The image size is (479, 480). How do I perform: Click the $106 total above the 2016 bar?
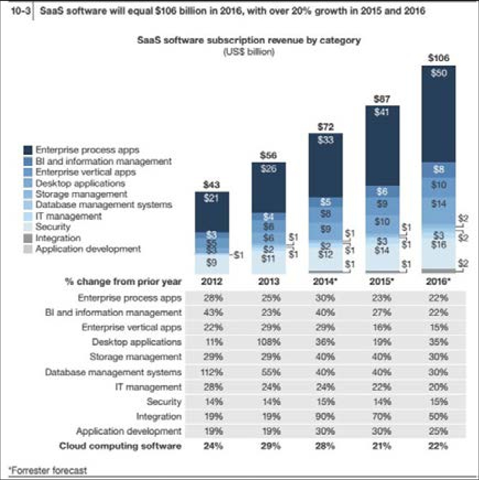(438, 57)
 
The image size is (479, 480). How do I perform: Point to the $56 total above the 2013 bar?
(269, 156)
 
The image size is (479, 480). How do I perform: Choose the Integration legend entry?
(58, 238)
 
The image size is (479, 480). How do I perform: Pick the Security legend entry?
(53, 227)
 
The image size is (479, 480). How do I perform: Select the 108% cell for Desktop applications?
(269, 342)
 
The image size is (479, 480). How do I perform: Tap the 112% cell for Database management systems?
(212, 372)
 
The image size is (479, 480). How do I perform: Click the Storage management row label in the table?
(135, 357)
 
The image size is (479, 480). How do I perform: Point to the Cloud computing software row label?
(120, 446)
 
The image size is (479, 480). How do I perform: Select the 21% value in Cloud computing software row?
(382, 446)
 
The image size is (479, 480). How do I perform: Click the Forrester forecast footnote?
(47, 470)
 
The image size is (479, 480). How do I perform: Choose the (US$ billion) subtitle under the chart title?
(249, 52)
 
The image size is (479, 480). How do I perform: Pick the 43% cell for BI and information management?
(212, 312)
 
